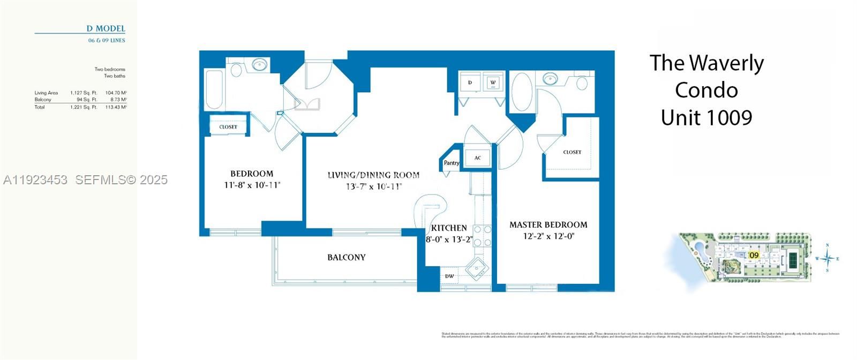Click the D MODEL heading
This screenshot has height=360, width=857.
coord(106,28)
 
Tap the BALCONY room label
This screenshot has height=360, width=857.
coord(347,257)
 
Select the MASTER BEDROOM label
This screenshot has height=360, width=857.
coord(548,224)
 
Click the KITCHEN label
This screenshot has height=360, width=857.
coord(449,228)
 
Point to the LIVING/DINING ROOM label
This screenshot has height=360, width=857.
coord(373,175)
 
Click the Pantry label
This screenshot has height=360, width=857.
coord(451,163)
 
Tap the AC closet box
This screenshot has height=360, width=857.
coord(477,158)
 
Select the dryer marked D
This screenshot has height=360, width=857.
coord(470,82)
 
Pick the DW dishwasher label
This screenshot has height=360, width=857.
coord(449,276)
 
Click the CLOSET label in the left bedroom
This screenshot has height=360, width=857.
coord(228,127)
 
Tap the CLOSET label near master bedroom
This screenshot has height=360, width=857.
coord(572,152)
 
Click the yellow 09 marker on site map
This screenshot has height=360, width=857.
coord(754,255)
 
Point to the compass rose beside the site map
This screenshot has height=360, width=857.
coord(828,258)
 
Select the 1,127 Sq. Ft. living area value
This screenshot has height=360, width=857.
coord(84,93)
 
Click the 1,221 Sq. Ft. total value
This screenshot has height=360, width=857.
coord(84,107)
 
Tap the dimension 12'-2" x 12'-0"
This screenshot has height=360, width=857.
coord(548,236)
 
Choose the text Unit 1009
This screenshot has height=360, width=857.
coord(706,117)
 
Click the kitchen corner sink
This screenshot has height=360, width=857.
coord(476,267)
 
